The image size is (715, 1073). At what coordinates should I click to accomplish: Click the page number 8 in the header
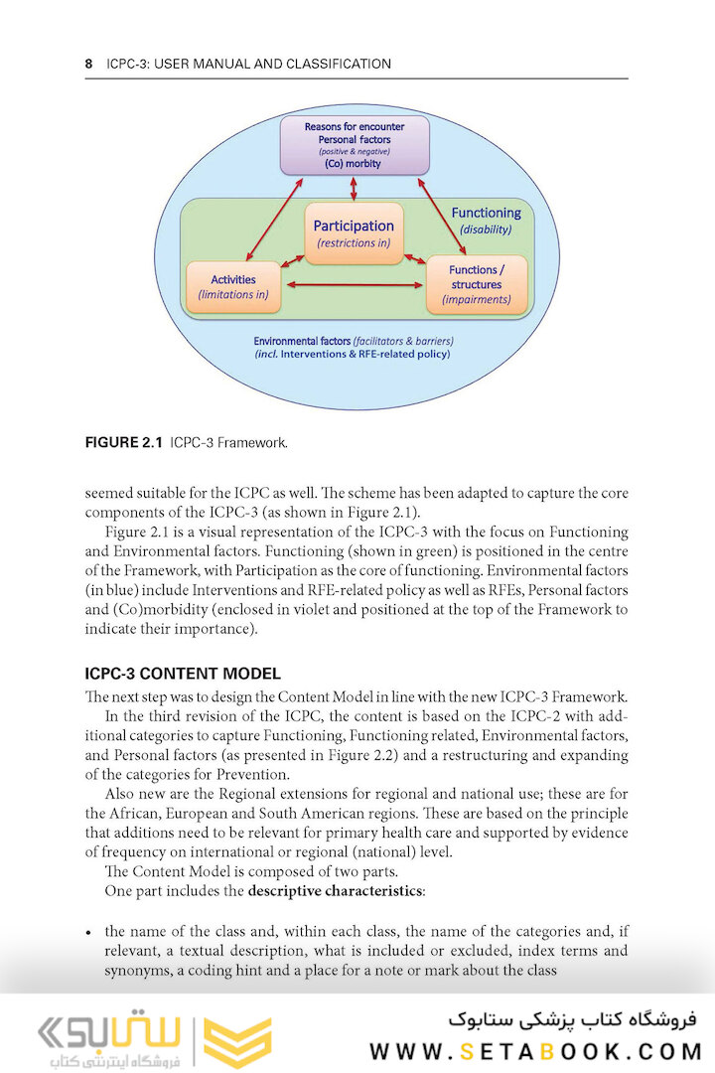tap(88, 64)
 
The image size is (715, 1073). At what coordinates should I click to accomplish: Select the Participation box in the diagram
tap(354, 233)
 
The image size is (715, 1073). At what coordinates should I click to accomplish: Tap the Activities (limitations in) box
tap(233, 287)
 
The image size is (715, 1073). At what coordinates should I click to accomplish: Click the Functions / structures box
tap(476, 284)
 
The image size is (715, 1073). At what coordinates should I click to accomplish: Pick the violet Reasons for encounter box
tap(354, 145)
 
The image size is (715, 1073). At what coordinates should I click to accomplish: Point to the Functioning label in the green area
tap(486, 213)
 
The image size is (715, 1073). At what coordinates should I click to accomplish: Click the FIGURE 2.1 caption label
tap(124, 442)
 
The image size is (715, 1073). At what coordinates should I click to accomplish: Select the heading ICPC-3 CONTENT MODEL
tap(183, 674)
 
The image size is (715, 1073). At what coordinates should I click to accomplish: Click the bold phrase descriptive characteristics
tap(336, 890)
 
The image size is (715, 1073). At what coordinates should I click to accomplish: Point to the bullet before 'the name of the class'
tap(89, 932)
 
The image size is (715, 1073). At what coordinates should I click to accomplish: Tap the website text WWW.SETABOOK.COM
tap(535, 1051)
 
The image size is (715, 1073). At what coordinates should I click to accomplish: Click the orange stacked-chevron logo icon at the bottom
tap(237, 1041)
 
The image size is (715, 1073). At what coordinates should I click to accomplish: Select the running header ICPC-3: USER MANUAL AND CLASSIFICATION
tap(248, 64)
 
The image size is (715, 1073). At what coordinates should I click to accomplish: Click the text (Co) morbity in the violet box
tap(354, 164)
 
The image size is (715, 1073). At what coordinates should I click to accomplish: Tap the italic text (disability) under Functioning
tap(486, 230)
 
